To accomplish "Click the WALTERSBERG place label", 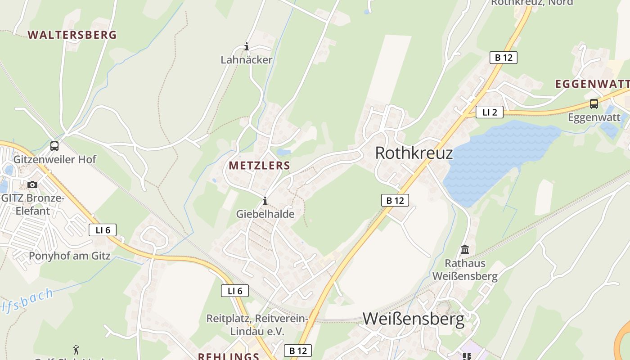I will pyautogui.click(x=72, y=35).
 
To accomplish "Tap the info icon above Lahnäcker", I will pyautogui.click(x=247, y=46).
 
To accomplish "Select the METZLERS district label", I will pyautogui.click(x=259, y=165).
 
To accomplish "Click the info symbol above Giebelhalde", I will pyautogui.click(x=265, y=201).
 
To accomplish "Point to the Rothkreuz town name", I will pyautogui.click(x=414, y=153).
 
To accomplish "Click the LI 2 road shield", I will pyautogui.click(x=489, y=112).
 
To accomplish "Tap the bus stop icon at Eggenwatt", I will pyautogui.click(x=594, y=104).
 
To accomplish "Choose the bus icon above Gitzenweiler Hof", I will pyautogui.click(x=54, y=146).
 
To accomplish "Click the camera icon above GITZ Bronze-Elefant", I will pyautogui.click(x=32, y=184).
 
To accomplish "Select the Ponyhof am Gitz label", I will pyautogui.click(x=69, y=256).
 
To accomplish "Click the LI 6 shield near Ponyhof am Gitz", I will pyautogui.click(x=103, y=230).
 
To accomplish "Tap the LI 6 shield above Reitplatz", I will pyautogui.click(x=235, y=291).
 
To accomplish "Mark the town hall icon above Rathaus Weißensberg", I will pyautogui.click(x=465, y=249).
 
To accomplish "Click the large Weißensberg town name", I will pyautogui.click(x=413, y=319).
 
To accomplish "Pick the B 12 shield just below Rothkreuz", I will pyautogui.click(x=395, y=200).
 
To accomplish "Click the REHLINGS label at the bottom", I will pyautogui.click(x=228, y=356).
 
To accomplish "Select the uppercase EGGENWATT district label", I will pyautogui.click(x=592, y=84).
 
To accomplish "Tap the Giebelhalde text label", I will pyautogui.click(x=265, y=214).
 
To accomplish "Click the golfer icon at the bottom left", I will pyautogui.click(x=76, y=349).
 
